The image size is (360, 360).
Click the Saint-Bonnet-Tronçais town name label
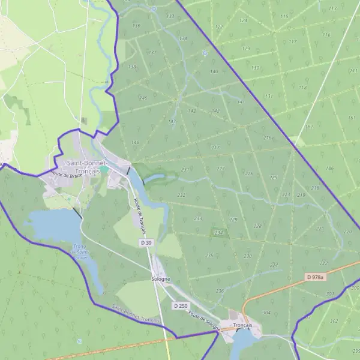88,167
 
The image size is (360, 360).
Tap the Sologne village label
161,280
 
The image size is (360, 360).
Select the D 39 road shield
146,242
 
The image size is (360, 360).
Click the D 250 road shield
179,305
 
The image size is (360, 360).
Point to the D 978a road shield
314,277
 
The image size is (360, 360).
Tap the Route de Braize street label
66,175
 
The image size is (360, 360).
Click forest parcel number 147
172,122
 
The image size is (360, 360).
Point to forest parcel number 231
185,170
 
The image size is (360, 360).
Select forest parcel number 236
220,291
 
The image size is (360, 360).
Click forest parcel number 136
136,25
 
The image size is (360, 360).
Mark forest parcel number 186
329,168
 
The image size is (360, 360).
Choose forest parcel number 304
266,313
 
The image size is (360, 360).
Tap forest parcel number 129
246,48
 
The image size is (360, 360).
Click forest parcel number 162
310,127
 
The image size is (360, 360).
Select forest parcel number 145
143,97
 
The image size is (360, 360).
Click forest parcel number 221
320,229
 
